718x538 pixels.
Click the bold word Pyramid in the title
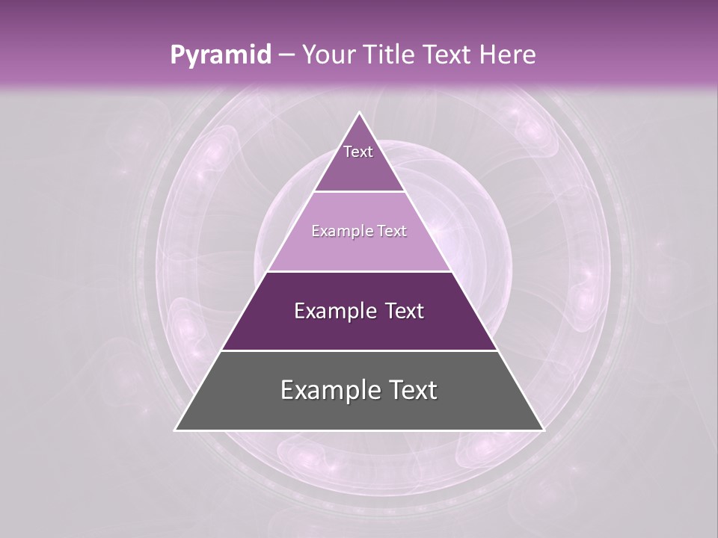(x=221, y=55)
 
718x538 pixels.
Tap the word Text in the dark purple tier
(x=402, y=311)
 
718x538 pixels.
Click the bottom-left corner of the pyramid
(x=177, y=430)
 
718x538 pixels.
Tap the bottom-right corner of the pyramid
(x=542, y=430)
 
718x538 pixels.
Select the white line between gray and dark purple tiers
(x=359, y=350)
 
